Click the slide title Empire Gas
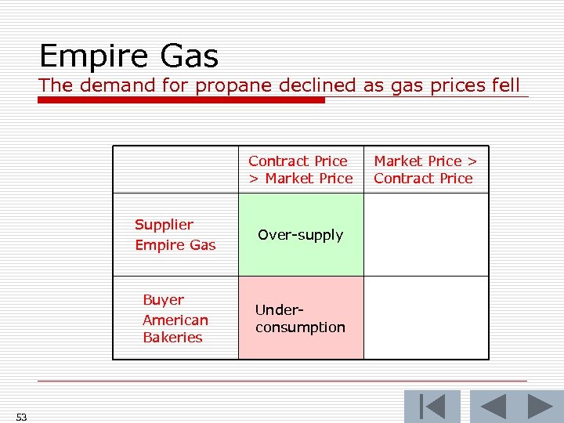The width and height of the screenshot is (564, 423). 128,56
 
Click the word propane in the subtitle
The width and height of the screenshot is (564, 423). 228,85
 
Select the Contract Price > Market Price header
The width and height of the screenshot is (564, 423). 301,170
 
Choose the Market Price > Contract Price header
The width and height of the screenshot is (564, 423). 425,170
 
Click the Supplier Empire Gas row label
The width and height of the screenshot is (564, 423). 175,235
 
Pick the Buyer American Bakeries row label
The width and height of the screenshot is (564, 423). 175,319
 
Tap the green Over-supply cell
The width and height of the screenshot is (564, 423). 301,235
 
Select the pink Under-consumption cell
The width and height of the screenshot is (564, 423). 301,318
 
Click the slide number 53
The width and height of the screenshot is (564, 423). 21,418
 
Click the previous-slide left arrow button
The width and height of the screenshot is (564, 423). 493,407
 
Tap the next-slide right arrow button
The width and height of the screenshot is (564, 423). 540,407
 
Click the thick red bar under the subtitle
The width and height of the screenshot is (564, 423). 181,100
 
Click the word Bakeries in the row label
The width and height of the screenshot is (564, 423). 172,338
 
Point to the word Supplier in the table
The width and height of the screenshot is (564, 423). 164,225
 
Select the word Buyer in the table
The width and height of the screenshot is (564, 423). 163,300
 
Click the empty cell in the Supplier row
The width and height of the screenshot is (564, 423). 426,235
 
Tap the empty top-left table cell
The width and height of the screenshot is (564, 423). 175,170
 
